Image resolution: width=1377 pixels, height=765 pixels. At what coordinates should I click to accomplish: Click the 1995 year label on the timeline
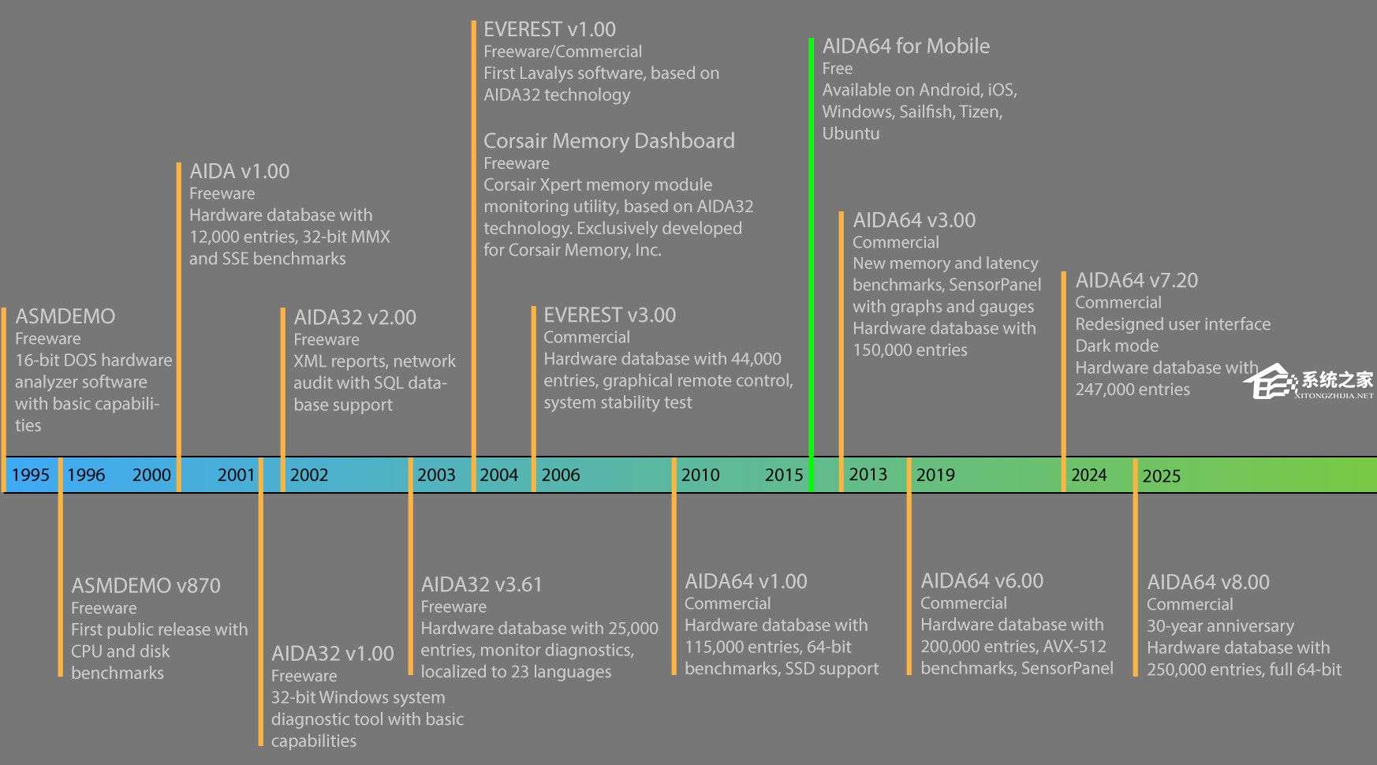(x=31, y=475)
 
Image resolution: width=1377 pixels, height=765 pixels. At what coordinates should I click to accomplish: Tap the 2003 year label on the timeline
(x=436, y=475)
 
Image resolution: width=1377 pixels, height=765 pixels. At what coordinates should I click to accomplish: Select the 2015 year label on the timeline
(x=783, y=475)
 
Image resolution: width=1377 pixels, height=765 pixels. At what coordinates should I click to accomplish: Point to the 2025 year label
(x=1161, y=476)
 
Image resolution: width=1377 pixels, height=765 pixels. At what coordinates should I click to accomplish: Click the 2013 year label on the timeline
(x=868, y=474)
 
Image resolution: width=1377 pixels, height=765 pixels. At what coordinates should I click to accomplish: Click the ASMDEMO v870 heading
(x=146, y=585)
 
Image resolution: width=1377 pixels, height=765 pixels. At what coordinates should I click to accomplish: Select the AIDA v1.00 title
(x=239, y=171)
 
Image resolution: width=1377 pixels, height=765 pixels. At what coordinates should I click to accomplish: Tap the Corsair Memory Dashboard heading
(x=609, y=141)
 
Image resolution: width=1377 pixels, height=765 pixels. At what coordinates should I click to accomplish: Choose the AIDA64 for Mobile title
(x=905, y=46)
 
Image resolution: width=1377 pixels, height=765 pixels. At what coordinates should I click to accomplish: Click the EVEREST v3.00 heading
(x=610, y=315)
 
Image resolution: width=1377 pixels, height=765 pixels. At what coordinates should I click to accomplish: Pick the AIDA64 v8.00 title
(x=1208, y=582)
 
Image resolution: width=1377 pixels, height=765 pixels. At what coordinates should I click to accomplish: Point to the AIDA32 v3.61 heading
(x=482, y=584)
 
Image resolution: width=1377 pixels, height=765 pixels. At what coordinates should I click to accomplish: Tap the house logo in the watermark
(x=1270, y=382)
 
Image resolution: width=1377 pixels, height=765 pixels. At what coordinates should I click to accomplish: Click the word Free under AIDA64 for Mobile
(x=837, y=69)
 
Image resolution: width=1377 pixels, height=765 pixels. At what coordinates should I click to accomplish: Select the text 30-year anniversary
(x=1220, y=626)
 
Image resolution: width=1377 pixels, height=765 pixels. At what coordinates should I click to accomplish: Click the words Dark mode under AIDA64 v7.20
(x=1117, y=345)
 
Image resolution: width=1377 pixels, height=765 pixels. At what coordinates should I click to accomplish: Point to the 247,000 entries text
(x=1133, y=390)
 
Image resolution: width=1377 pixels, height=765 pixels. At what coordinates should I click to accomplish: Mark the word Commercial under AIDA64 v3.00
(x=896, y=242)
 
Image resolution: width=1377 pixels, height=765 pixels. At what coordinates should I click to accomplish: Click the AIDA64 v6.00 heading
(x=982, y=581)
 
